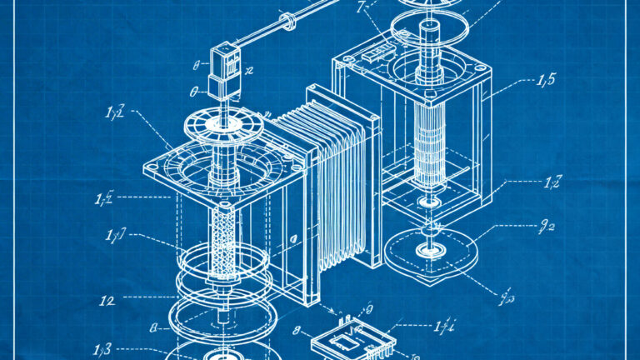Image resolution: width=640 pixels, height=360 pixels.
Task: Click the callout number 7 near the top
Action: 361,9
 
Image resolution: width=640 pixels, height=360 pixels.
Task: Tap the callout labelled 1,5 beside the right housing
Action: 547,80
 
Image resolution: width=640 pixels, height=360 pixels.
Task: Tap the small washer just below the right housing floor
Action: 431,202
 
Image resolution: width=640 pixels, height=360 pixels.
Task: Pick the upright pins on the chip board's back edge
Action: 342,315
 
